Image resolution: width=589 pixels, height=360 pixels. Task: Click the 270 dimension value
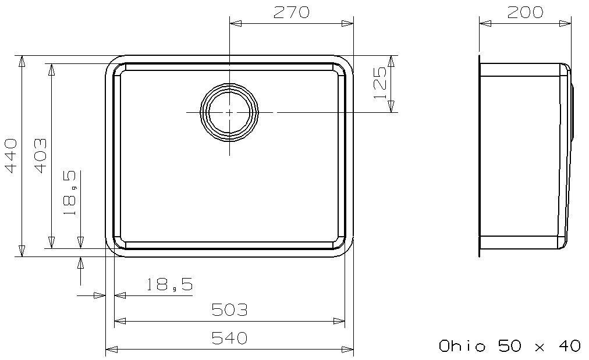pyautogui.click(x=291, y=12)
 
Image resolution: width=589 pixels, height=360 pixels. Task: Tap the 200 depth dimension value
pyautogui.click(x=525, y=12)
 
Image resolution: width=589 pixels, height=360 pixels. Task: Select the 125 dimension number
pyautogui.click(x=380, y=83)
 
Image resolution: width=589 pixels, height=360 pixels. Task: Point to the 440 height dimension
pyautogui.click(x=11, y=156)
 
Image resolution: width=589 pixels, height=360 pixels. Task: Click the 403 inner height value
pyautogui.click(x=41, y=156)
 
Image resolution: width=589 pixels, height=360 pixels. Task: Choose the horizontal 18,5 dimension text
pyautogui.click(x=169, y=284)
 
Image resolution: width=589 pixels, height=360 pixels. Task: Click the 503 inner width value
pyautogui.click(x=229, y=310)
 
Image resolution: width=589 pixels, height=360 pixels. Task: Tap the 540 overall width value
pyautogui.click(x=229, y=338)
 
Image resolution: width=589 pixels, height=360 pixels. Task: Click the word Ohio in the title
pyautogui.click(x=462, y=345)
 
